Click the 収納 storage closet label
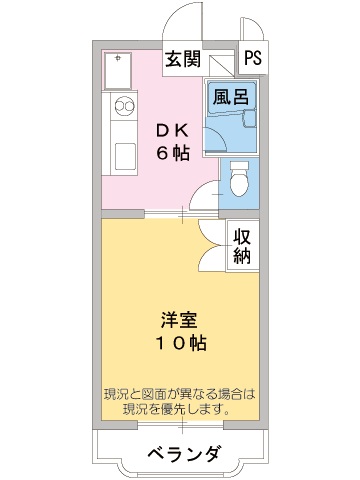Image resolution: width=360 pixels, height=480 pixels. tap(242, 246)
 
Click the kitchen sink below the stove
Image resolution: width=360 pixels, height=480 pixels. tap(125, 156)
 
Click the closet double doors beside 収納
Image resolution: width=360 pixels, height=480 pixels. tap(214, 247)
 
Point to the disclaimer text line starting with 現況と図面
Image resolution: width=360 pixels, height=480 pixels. tap(181, 394)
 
